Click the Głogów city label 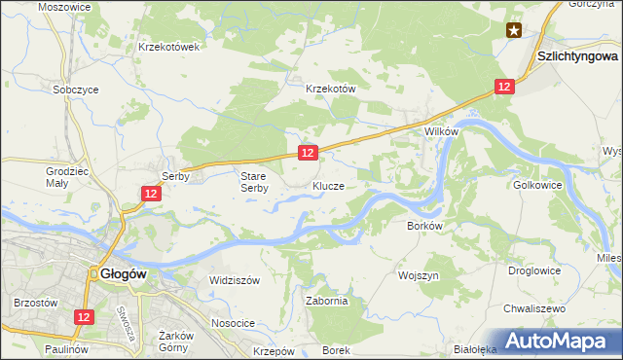tap(123, 274)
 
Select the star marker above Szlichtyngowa tap(514, 31)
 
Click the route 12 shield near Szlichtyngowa tap(503, 87)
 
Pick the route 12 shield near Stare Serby tap(307, 153)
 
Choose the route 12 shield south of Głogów tap(85, 317)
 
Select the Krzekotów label tap(332, 88)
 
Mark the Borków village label tap(424, 226)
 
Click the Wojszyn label tap(419, 275)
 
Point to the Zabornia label tap(326, 301)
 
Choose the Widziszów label tap(235, 279)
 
